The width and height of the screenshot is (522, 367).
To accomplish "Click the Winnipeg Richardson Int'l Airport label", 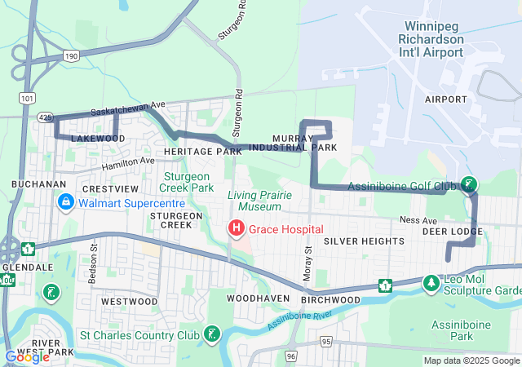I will [x=432, y=39].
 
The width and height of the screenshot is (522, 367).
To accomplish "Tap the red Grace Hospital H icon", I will [x=237, y=228].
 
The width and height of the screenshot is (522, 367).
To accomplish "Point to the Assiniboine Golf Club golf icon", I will [x=468, y=184].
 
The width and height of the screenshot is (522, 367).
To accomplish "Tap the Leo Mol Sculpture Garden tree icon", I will [x=430, y=283].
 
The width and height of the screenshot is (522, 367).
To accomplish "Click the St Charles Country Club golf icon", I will [x=211, y=333].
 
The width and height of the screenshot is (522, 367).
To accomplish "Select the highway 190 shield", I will [x=72, y=55].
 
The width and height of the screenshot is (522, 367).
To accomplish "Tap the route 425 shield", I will [x=46, y=117].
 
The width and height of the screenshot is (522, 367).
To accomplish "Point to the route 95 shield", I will [x=325, y=340].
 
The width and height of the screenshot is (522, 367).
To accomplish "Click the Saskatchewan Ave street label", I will [x=128, y=108].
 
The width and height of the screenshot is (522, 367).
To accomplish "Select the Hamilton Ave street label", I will [x=128, y=161].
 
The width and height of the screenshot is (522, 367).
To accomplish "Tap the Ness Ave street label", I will [x=414, y=220].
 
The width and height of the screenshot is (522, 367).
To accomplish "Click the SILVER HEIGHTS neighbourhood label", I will [x=363, y=241].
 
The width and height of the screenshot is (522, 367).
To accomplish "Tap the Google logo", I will [x=27, y=356].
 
